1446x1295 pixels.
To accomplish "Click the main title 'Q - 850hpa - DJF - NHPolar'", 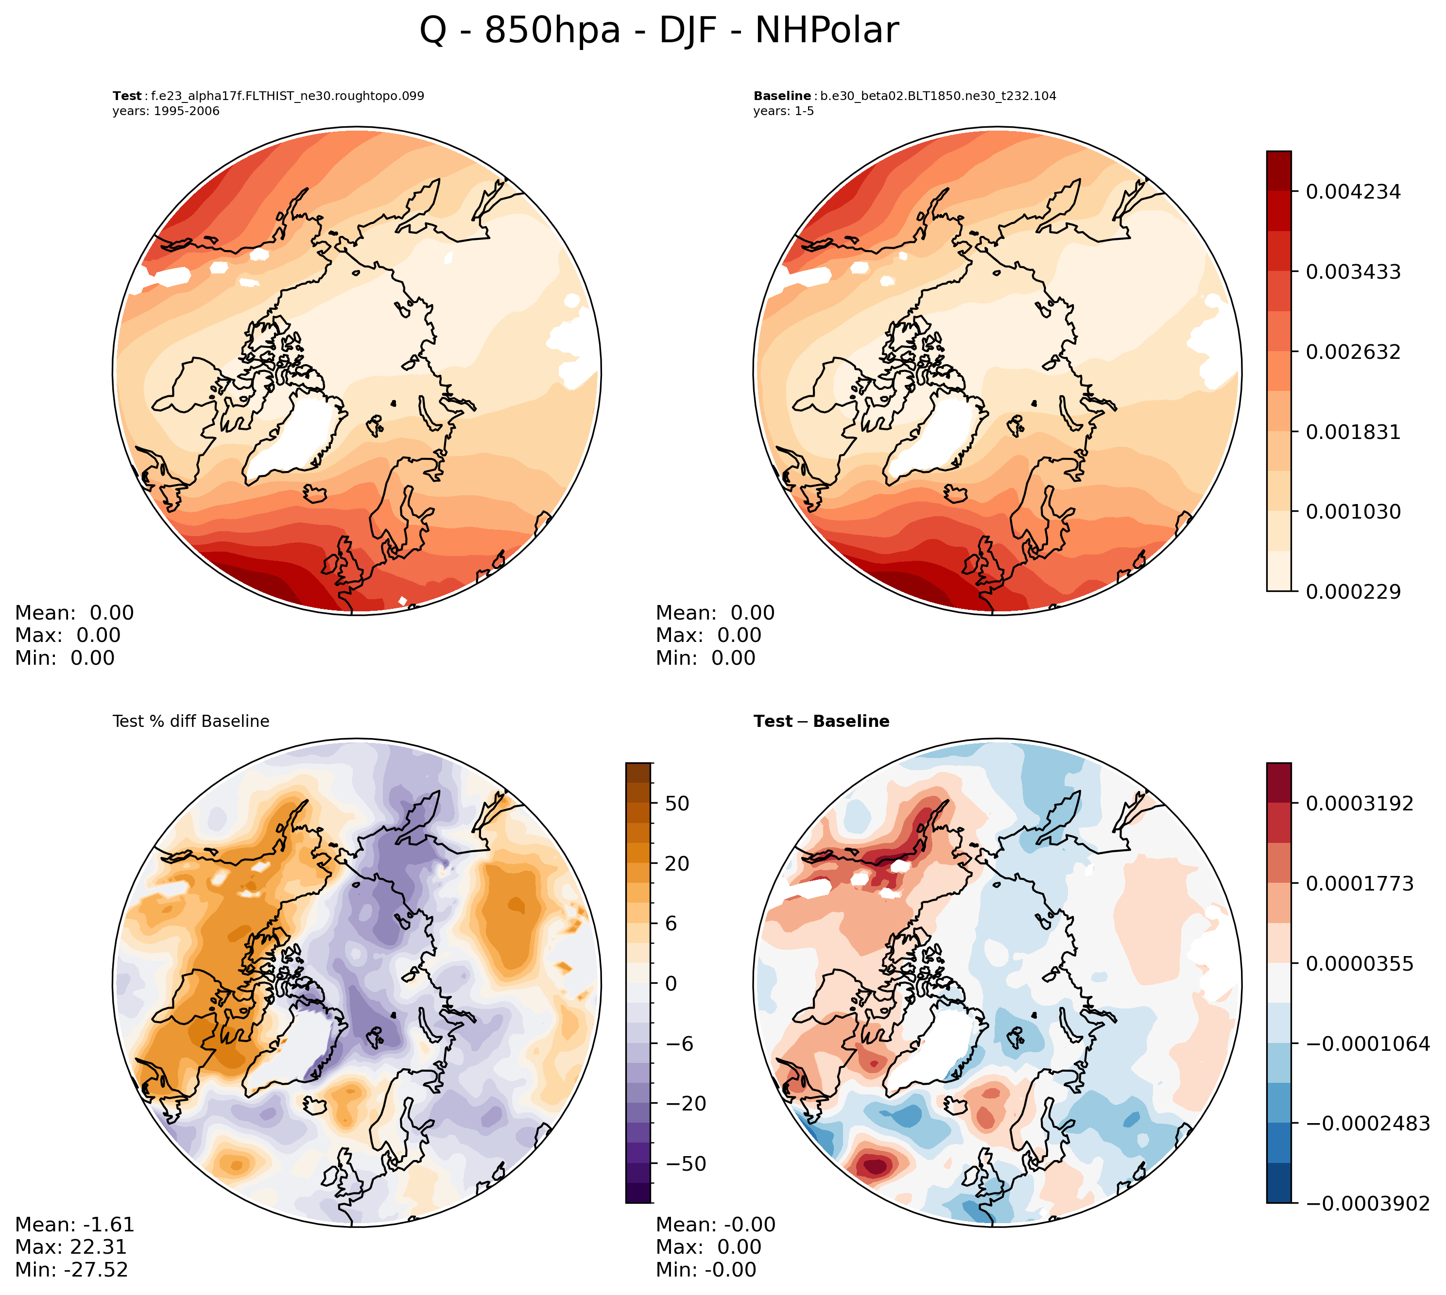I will point(658,31).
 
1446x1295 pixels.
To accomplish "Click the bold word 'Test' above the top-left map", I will point(127,96).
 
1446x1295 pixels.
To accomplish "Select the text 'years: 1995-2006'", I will point(166,111).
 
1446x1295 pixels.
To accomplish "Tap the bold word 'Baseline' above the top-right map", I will point(782,96).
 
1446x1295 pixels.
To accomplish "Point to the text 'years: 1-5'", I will point(783,111).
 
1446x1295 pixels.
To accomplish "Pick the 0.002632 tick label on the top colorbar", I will point(1353,352).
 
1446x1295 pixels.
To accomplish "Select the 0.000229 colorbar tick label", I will point(1353,592).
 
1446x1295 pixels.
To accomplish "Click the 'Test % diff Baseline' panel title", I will point(191,722).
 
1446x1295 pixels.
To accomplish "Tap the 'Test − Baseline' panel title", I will point(821,722).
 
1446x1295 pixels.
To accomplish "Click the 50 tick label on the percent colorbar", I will point(676,803).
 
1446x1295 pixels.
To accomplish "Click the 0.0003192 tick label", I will point(1359,803).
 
